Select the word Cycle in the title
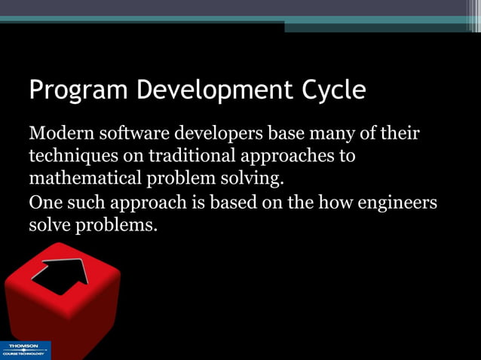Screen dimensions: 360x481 334,91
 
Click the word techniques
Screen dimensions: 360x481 68,157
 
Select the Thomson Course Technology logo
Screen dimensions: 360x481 24,350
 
